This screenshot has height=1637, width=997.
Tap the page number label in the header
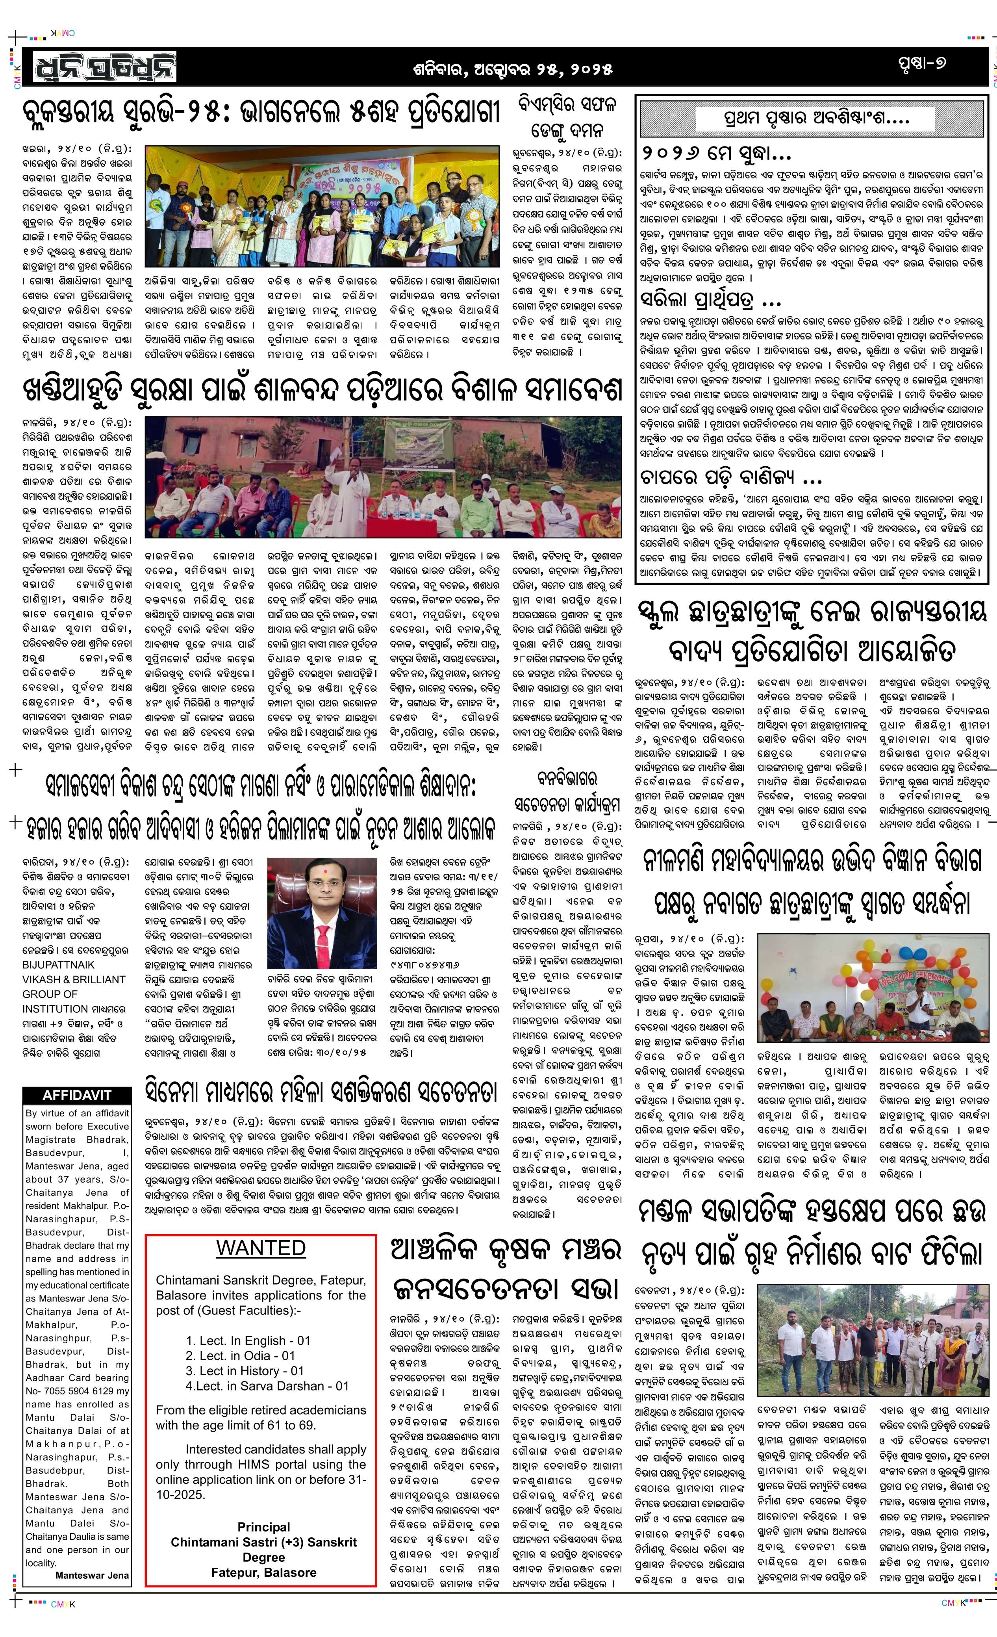[x=921, y=64]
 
